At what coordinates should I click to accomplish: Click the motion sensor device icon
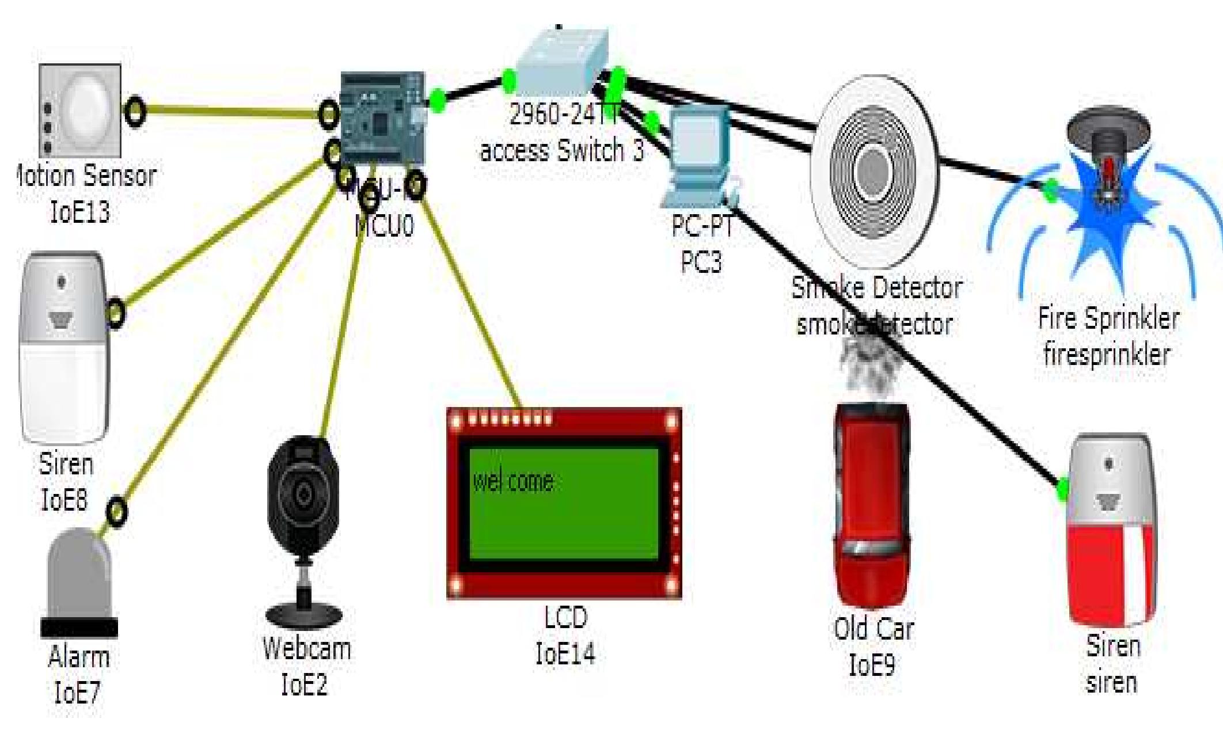click(x=81, y=109)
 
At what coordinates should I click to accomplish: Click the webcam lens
click(x=303, y=493)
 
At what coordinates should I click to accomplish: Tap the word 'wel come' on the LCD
click(x=513, y=481)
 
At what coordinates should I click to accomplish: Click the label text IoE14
click(x=565, y=654)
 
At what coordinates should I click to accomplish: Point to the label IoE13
click(x=80, y=212)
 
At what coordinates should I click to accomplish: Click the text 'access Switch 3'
click(x=562, y=150)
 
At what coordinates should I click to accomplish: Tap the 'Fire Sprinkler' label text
click(x=1108, y=318)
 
